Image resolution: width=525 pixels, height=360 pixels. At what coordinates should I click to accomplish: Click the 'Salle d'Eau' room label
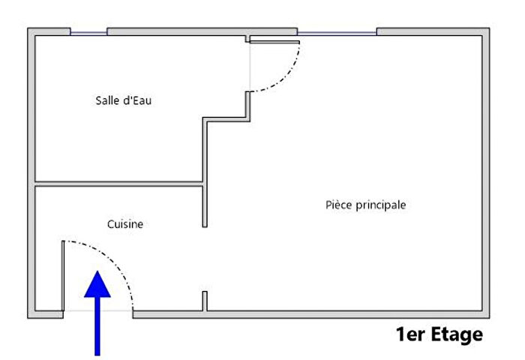point(124,100)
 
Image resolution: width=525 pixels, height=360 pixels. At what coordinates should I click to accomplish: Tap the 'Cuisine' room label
point(125,223)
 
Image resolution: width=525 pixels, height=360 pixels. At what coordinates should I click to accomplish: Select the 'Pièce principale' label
point(366,204)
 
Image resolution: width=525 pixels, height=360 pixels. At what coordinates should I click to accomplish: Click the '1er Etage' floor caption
point(439,334)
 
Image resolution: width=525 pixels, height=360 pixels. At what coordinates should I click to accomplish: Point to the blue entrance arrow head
point(97,285)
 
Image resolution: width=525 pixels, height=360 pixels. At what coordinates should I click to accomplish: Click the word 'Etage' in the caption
point(455,334)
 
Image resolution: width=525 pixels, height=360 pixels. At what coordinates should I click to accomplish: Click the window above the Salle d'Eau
point(88,32)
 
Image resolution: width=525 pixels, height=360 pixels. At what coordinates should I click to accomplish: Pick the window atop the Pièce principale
point(337,32)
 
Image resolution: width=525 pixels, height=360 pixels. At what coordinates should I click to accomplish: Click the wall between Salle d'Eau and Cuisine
point(120,183)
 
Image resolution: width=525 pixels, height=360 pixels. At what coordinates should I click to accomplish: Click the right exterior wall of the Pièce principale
point(485,172)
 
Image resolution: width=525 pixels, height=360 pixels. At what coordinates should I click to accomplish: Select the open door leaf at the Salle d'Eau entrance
point(274,41)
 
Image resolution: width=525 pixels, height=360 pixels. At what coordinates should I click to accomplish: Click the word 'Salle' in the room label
point(107,100)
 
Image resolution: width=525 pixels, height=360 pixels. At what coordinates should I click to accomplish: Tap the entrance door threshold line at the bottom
point(98,310)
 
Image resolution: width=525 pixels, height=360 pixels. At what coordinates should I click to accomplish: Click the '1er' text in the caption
point(409,334)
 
